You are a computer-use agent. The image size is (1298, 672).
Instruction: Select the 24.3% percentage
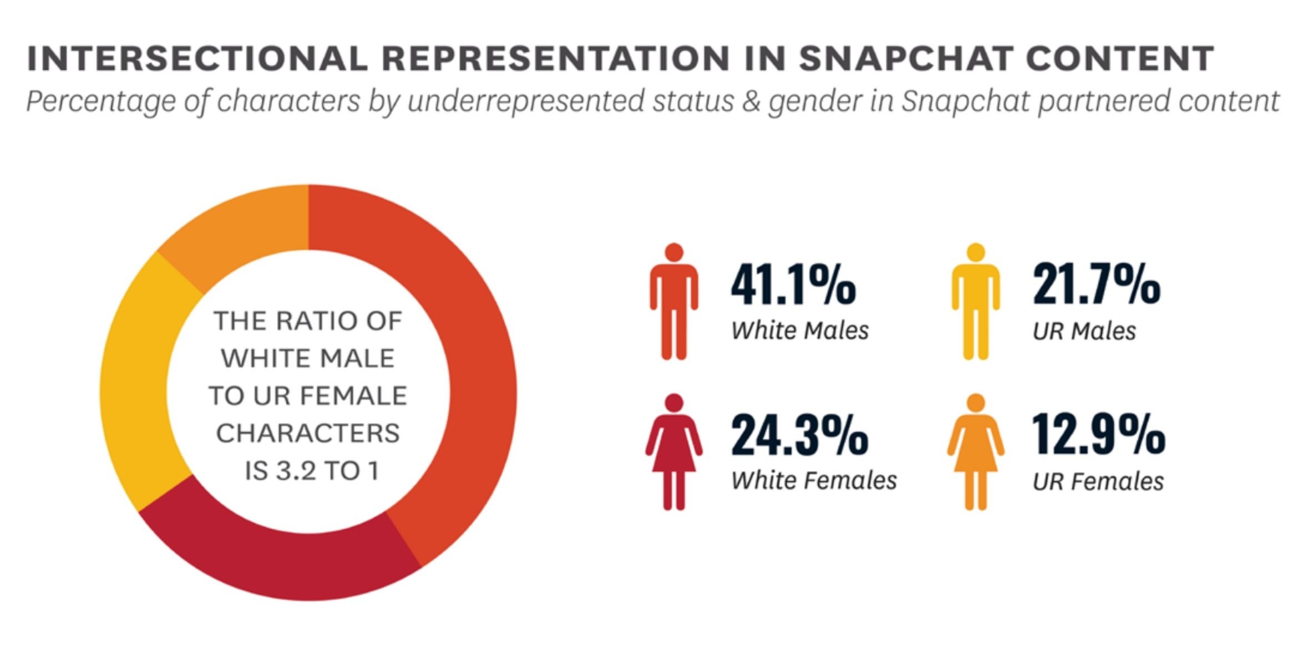pos(799,435)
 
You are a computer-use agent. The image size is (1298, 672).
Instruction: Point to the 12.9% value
pos(1098,435)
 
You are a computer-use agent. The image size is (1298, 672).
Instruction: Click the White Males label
pos(799,331)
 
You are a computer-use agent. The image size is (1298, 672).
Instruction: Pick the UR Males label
pos(1084,332)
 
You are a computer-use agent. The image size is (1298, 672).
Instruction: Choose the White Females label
pos(814,481)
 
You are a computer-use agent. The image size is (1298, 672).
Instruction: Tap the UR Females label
pos(1098,482)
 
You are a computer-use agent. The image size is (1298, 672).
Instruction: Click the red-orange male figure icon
pos(674,302)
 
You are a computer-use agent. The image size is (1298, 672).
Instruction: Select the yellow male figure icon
pos(976,302)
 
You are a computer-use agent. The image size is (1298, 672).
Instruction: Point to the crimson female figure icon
pos(674,452)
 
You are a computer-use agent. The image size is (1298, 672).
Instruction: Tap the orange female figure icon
pos(976,452)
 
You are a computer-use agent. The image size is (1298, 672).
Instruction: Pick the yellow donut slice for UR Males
pos(139,383)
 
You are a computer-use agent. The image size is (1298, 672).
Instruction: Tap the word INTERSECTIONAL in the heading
pos(197,58)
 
